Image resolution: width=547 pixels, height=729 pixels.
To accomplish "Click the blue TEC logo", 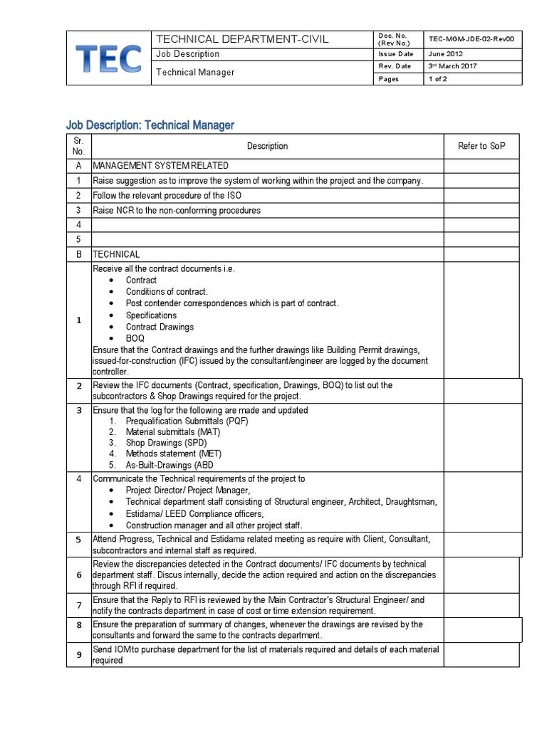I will pos(109,58).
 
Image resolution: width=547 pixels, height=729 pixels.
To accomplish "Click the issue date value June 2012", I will pos(445,53).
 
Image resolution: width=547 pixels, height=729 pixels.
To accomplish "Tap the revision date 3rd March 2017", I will pos(452,66).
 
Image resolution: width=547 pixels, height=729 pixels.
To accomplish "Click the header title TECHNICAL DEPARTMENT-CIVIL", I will pos(242,39).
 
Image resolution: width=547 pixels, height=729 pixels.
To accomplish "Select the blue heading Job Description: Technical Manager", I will pos(150,125).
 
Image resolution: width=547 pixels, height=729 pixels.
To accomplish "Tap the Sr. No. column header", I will pos(78,146).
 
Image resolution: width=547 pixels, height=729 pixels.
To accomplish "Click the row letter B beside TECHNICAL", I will pos(78,254).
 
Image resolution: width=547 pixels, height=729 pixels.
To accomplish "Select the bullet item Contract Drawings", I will pos(160,327).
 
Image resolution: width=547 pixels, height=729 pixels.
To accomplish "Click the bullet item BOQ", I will pos(135,339).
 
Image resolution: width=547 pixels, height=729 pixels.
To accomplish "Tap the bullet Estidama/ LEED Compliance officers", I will pos(194,514).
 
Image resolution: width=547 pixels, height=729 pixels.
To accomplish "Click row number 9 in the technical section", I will pos(78,655).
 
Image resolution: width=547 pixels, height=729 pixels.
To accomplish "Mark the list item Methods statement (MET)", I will pos(174,453).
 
